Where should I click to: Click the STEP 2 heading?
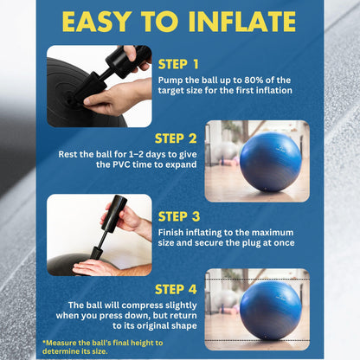176,137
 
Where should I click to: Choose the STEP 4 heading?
176,289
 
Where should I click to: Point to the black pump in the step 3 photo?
109,227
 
